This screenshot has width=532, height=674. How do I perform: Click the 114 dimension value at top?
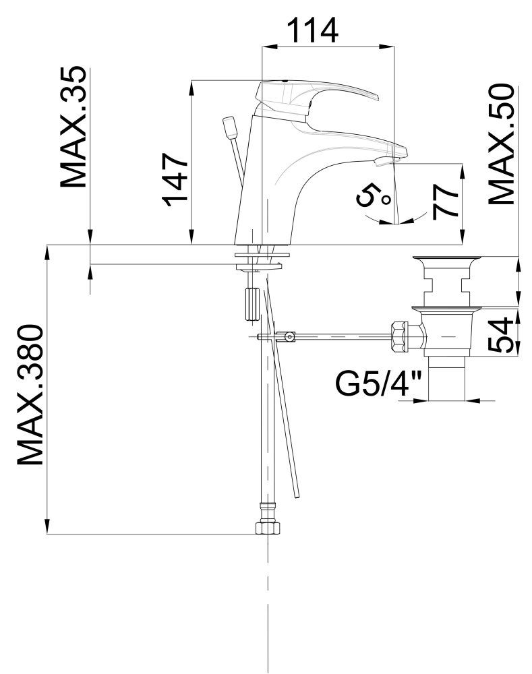pos(312,30)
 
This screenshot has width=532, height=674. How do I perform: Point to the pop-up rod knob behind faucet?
pos(229,127)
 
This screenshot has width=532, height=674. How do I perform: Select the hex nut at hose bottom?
pos(268,528)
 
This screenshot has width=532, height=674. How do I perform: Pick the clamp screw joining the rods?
pos(289,336)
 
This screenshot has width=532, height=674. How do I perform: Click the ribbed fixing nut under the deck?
pos(251,303)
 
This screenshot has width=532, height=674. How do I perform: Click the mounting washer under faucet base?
pos(262,255)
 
